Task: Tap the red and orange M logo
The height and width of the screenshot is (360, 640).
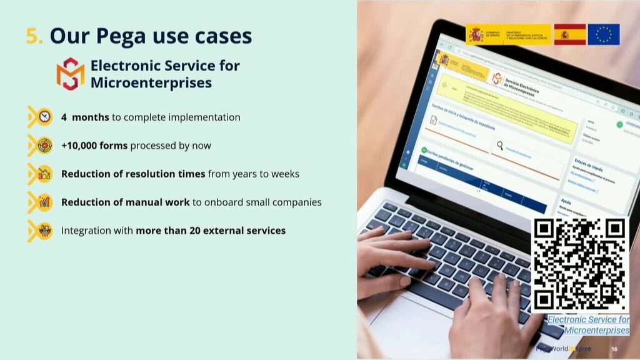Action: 70,74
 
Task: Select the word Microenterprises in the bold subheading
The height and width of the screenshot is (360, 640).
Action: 151,82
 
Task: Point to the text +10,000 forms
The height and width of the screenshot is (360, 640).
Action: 94,146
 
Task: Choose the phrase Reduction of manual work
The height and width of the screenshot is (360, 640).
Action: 125,202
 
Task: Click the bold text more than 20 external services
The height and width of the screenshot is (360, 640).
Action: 211,231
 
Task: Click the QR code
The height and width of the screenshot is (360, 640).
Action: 580,264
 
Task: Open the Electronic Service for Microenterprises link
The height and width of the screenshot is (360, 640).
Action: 589,325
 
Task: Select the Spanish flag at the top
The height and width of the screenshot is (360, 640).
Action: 569,34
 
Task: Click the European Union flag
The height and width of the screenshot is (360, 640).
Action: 604,34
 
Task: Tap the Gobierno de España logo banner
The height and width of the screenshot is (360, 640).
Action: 508,34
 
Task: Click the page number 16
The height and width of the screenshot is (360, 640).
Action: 614,349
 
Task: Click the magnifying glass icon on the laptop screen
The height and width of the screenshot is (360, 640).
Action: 500,146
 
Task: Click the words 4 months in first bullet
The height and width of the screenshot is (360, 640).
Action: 85,117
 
